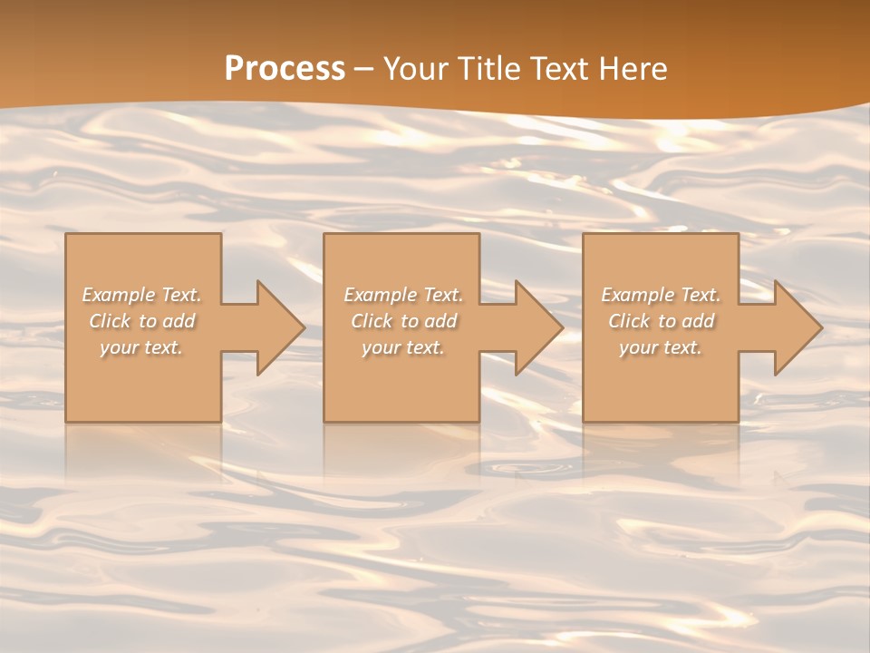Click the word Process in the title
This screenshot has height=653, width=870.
pos(285,69)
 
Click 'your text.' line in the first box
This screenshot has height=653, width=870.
pos(141,347)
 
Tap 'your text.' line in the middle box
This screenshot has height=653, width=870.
pos(402,347)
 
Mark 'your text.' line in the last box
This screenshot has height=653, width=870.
pos(661,347)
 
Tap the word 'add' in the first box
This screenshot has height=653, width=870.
pos(179,321)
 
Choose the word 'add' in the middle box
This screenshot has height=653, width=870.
pos(440,321)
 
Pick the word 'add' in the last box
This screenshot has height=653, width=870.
pos(699,321)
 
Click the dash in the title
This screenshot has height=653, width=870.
pos(364,70)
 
